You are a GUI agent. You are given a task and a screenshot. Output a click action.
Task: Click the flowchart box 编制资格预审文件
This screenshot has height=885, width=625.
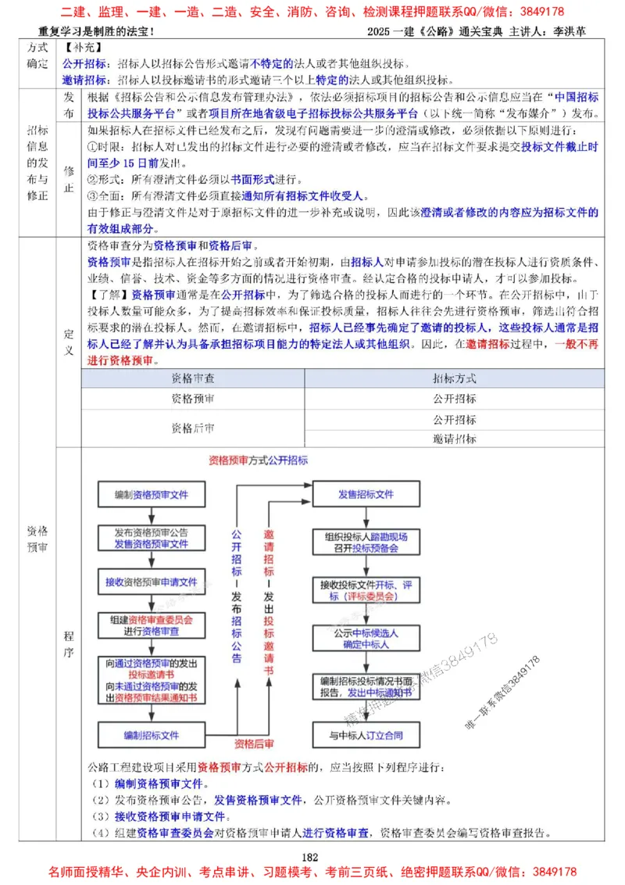151,495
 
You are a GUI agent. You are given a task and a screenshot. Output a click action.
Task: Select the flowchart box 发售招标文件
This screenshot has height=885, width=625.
366,495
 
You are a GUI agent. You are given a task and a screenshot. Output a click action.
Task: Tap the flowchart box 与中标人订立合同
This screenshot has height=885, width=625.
366,736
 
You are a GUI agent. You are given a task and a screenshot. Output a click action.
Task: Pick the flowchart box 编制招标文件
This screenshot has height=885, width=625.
151,736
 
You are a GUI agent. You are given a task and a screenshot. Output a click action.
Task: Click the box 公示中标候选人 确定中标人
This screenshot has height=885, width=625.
366,639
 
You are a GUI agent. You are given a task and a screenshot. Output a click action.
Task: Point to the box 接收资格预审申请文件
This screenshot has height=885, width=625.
151,582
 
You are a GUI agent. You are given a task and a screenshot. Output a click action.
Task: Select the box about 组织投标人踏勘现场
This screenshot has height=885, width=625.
366,543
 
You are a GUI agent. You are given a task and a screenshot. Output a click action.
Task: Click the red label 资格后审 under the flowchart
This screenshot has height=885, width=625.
255,743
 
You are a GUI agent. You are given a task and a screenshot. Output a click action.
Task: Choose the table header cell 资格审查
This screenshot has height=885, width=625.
194,378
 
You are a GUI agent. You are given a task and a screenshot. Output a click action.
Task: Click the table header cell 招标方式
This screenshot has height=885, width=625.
455,378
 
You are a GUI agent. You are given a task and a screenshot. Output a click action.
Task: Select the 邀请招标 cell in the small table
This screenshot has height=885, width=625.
455,439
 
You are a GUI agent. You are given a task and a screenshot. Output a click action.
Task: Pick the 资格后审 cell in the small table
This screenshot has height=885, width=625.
194,428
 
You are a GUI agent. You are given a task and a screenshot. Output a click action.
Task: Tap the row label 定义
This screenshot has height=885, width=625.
68,342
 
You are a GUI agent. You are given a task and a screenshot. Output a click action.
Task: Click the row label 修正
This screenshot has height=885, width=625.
69,179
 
